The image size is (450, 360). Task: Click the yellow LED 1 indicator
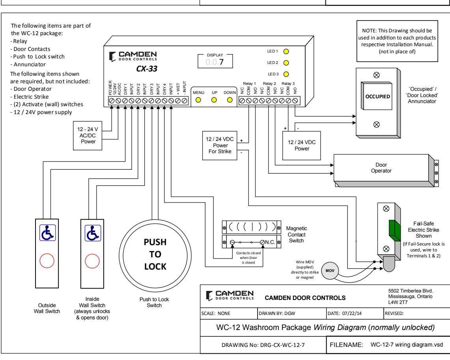(x=286, y=51)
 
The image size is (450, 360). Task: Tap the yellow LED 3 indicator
(x=286, y=74)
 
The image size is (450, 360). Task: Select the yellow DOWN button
(x=230, y=100)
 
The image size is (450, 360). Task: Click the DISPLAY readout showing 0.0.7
(x=215, y=62)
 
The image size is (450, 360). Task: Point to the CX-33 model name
(x=147, y=69)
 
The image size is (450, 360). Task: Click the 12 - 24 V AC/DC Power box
(x=88, y=136)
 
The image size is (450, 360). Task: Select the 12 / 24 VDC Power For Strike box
(x=220, y=145)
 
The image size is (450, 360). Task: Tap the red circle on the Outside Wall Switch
(x=47, y=261)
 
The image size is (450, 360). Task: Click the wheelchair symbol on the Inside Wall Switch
(x=93, y=233)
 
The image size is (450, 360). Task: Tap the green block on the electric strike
(x=395, y=231)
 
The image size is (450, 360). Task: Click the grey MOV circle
(x=330, y=271)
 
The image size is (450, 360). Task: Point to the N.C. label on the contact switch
(x=270, y=242)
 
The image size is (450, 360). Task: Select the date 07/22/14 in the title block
(x=352, y=313)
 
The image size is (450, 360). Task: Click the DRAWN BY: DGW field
(x=277, y=313)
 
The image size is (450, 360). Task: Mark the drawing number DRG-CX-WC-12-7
(x=282, y=345)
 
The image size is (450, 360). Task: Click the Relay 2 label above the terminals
(x=269, y=84)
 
